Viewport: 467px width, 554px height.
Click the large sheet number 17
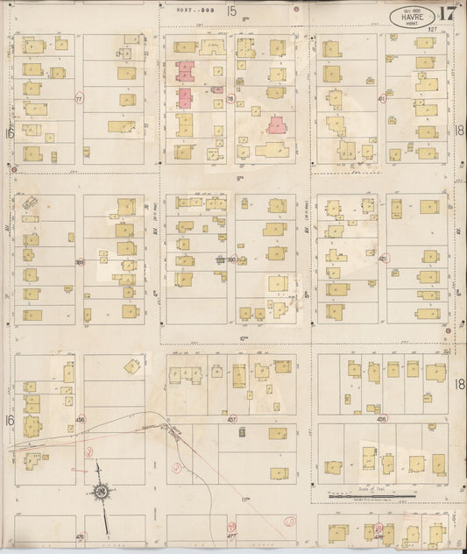coord(447,14)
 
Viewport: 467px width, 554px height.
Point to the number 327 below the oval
coord(433,30)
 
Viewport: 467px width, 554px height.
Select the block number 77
coord(80,99)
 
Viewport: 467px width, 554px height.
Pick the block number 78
coord(230,99)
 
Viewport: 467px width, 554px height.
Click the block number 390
coord(232,259)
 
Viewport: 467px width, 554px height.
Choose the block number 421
coord(382,259)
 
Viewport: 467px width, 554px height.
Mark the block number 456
coord(80,420)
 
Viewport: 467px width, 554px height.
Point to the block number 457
coord(232,420)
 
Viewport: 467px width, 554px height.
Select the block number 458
coord(382,419)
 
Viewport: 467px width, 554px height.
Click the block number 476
coord(80,536)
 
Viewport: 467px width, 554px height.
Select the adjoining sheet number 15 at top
coord(231,11)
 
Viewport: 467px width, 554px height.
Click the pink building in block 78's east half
coord(277,124)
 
